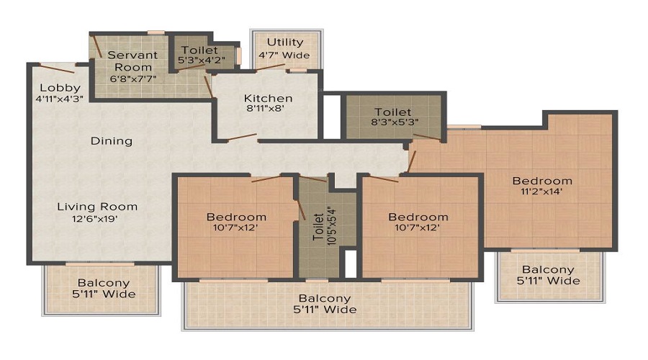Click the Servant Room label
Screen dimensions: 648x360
pyautogui.click(x=132, y=60)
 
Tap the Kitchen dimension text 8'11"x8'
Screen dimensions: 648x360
pyautogui.click(x=265, y=109)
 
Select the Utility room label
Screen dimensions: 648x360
pyautogui.click(x=285, y=42)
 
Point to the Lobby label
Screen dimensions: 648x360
pyautogui.click(x=60, y=88)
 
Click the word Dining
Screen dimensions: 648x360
pyautogui.click(x=112, y=141)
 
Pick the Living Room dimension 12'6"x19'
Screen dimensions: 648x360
pyautogui.click(x=95, y=219)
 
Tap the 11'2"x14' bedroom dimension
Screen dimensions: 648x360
pyautogui.click(x=541, y=192)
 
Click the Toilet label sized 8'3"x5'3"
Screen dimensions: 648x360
pyautogui.click(x=393, y=112)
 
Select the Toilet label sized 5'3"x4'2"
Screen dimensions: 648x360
pyautogui.click(x=199, y=50)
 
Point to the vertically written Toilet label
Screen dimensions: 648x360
pyautogui.click(x=318, y=227)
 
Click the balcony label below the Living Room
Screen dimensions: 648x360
pyautogui.click(x=104, y=289)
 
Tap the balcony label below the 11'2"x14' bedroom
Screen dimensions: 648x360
pyautogui.click(x=548, y=275)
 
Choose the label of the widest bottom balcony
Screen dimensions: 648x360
pyautogui.click(x=325, y=304)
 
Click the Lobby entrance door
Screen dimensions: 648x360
pyautogui.click(x=57, y=68)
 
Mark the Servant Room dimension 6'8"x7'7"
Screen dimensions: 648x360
pyautogui.click(x=133, y=78)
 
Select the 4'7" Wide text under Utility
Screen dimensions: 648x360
pyautogui.click(x=284, y=55)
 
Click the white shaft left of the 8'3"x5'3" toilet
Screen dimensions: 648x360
pyautogui.click(x=332, y=117)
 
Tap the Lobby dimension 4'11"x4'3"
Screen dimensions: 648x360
pyautogui.click(x=60, y=99)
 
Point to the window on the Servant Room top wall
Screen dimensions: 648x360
pyautogui.click(x=156, y=32)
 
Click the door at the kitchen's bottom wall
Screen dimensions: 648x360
pyautogui.click(x=242, y=137)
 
